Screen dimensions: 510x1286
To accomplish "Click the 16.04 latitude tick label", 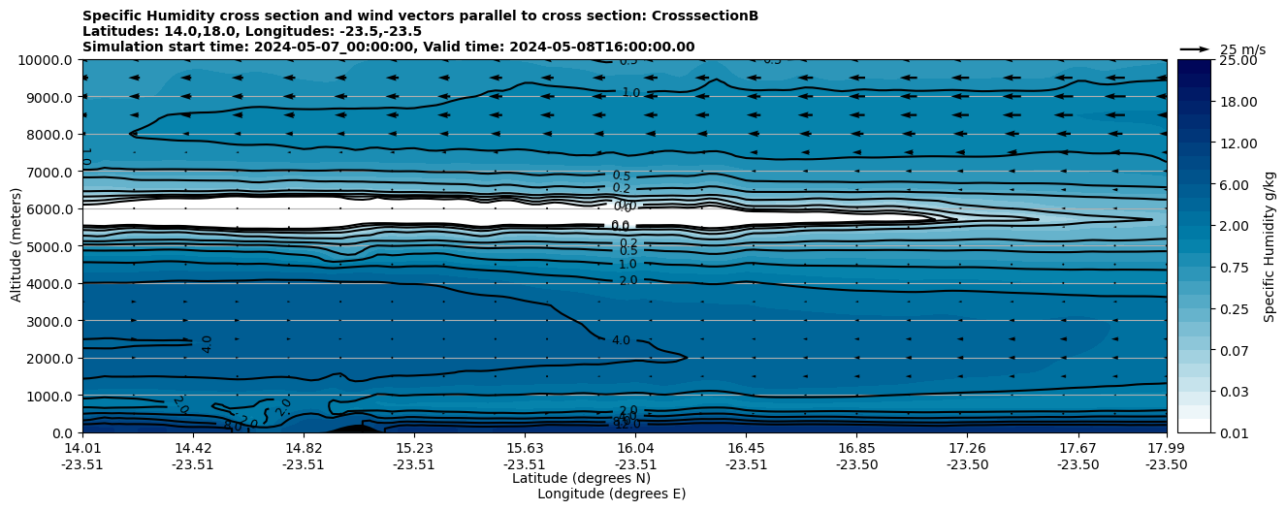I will click(x=635, y=448).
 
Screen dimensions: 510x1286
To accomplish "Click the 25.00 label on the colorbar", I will click(x=1237, y=60).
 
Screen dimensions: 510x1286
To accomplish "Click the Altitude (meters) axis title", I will click(x=16, y=246).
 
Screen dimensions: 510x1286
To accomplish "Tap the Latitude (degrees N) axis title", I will click(x=581, y=478).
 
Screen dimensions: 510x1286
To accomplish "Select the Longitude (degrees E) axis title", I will click(x=611, y=494).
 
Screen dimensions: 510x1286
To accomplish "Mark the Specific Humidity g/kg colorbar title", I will click(x=1270, y=246).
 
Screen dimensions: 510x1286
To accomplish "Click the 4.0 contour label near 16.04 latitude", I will click(x=621, y=340).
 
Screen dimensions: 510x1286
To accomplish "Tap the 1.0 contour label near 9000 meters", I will click(x=630, y=92).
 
